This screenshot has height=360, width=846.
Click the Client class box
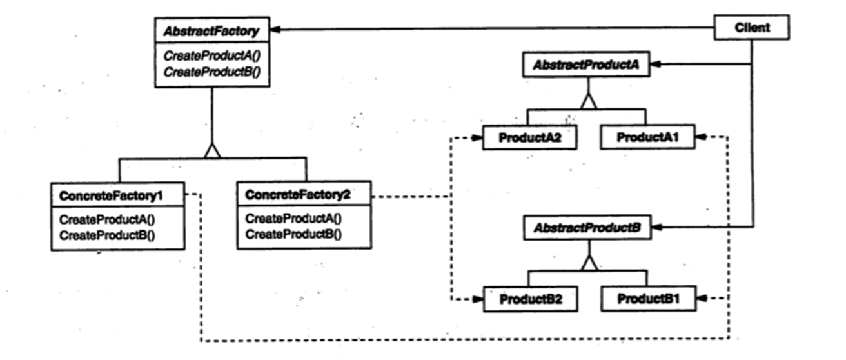click(751, 27)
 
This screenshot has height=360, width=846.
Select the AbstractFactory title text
click(211, 31)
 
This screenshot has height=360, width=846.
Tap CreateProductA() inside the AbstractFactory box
click(212, 56)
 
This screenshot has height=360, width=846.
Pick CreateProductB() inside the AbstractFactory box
click(212, 72)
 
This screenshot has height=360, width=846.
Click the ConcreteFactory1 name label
click(111, 195)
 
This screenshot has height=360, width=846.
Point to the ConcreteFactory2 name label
click(298, 195)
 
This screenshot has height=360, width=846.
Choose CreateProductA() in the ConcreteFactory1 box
click(107, 219)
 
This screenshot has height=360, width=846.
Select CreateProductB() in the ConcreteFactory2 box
click(293, 234)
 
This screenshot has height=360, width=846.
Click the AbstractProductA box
click(586, 65)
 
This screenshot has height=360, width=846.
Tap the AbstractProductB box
click(587, 227)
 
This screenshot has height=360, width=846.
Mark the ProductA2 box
click(529, 137)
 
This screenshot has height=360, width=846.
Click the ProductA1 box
click(647, 137)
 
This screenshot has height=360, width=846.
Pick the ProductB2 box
click(531, 299)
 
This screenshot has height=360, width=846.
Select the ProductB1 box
click(649, 299)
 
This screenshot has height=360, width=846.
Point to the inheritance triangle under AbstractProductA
click(589, 101)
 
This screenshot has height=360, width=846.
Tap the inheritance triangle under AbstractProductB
click(589, 263)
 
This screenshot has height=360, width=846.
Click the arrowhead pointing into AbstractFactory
click(275, 30)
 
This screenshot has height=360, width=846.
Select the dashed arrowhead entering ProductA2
click(477, 138)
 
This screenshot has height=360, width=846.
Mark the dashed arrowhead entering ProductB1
click(702, 299)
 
